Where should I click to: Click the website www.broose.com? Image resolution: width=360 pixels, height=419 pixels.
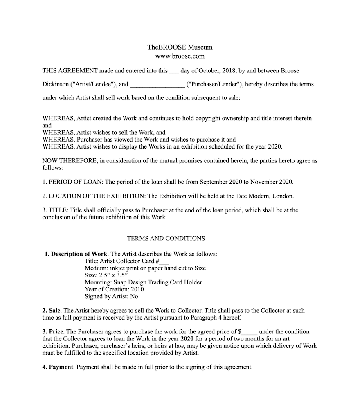tap(180, 56)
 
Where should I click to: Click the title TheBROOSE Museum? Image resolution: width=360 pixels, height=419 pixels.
tap(180, 47)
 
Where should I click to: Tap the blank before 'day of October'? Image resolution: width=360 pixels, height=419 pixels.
tap(174, 71)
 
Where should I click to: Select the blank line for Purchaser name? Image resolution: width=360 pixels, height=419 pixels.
tap(157, 85)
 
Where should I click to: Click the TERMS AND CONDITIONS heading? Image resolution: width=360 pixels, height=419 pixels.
tap(166, 238)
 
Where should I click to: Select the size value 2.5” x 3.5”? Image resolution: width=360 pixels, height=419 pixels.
tap(113, 275)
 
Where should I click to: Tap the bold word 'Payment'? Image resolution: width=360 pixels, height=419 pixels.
tap(61, 367)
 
